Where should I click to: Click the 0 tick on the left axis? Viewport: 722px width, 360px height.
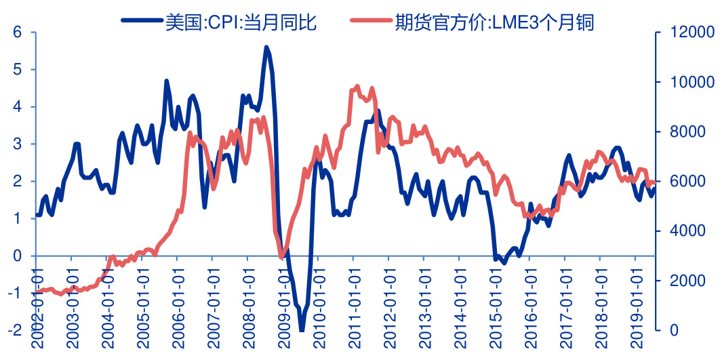coord(18,256)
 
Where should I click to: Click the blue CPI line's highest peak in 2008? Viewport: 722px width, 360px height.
coord(266,47)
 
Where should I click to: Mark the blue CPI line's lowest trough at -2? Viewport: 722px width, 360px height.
coord(302,330)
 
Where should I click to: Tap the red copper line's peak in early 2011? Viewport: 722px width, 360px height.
coord(357,87)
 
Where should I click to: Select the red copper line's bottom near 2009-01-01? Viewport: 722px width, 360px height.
coord(281,256)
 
